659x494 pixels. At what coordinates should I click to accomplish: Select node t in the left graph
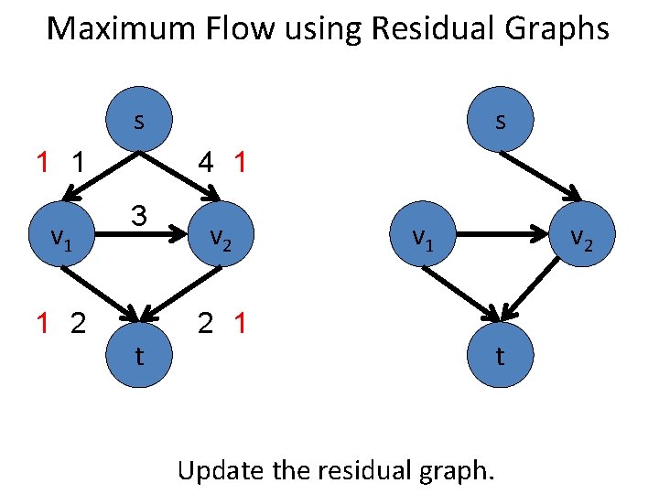point(138,355)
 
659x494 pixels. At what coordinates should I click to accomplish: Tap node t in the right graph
point(500,355)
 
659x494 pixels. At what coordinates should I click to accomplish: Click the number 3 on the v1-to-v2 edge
point(138,217)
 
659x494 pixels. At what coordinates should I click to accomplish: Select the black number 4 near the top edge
point(207,164)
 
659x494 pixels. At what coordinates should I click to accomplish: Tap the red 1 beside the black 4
point(240,164)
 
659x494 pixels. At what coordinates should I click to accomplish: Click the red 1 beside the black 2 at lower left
point(42,323)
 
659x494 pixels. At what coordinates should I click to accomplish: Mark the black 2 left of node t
point(79,323)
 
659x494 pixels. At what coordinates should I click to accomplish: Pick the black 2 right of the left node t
point(207,323)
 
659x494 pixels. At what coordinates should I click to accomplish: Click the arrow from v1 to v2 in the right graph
point(503,236)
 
